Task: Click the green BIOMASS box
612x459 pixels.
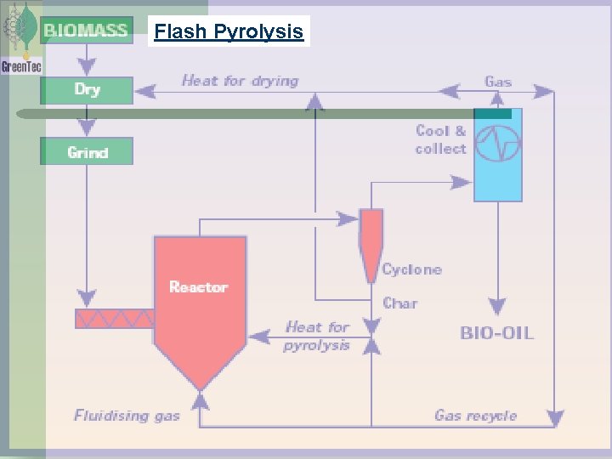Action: [x=86, y=31]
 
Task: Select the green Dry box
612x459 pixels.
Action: [x=87, y=89]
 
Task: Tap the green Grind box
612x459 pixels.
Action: [x=87, y=152]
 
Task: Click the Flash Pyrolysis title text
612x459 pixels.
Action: [x=229, y=32]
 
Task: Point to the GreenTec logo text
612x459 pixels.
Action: [x=20, y=65]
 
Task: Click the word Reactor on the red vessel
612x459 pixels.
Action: [x=198, y=287]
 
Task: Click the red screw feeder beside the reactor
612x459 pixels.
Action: [x=114, y=319]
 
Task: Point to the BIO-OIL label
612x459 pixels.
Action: [x=497, y=332]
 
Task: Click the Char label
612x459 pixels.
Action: [x=399, y=303]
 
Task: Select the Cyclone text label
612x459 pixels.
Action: [x=411, y=269]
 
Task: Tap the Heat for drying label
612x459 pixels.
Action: [x=240, y=81]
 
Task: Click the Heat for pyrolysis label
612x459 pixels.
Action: [x=317, y=336]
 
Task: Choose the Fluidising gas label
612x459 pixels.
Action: [x=127, y=416]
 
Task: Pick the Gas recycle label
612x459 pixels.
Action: [x=475, y=416]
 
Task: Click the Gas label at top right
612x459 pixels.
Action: [x=498, y=82]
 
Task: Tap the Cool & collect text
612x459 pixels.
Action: [x=440, y=139]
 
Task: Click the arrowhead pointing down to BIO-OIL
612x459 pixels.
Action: [x=497, y=307]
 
